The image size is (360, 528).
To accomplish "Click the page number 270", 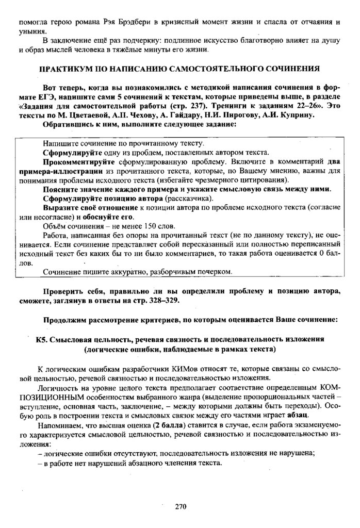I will [x=179, y=506].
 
